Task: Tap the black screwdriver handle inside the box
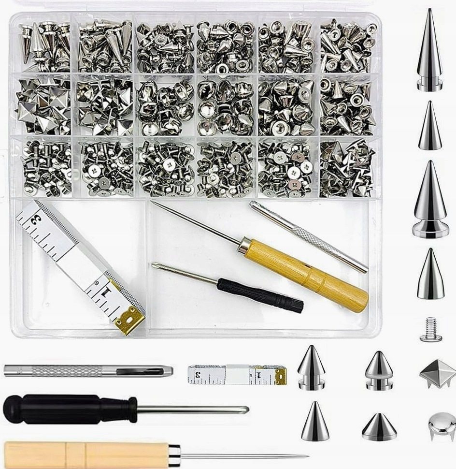[x=260, y=294]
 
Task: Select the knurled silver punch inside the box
[x=308, y=236]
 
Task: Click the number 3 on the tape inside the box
[x=36, y=221]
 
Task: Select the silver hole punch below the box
[x=88, y=371]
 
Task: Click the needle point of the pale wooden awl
[x=308, y=456]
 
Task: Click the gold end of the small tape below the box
[x=280, y=375]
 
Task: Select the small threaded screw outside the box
[x=431, y=329]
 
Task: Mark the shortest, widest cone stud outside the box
[x=379, y=427]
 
